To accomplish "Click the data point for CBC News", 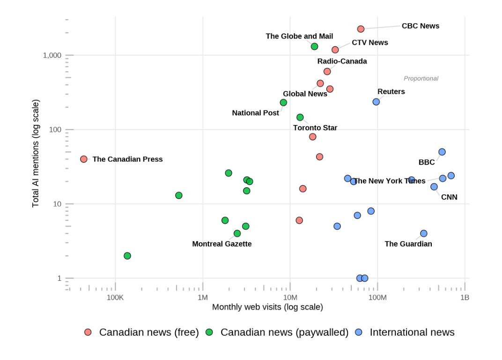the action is (361, 29).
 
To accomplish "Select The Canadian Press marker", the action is (83, 159).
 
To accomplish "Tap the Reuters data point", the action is (376, 102).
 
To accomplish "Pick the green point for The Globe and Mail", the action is (314, 46).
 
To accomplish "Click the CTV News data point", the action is (335, 50).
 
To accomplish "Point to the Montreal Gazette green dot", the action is (237, 233).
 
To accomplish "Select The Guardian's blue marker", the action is (423, 233).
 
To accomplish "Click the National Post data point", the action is (283, 103).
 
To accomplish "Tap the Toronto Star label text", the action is (315, 128).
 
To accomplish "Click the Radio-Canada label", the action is (342, 61).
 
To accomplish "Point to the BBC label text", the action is (427, 162).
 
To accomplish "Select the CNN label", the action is (449, 197).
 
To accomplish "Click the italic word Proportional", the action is (421, 78).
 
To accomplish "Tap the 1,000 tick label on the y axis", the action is (52, 55).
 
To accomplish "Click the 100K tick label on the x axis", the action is (115, 297).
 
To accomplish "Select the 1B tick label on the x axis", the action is (465, 297).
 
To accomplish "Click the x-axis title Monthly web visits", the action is (268, 307).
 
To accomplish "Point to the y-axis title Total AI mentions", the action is (36, 153).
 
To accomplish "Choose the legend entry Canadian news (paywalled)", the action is (277, 332).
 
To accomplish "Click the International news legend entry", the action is (405, 332).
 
